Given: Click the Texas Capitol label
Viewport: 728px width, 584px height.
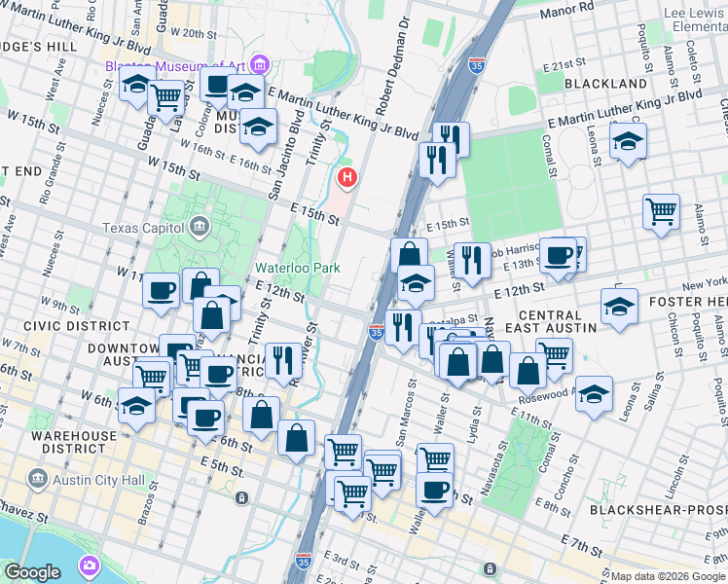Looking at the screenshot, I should click(145, 228).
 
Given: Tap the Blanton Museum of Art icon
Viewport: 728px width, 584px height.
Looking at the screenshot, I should click(259, 65).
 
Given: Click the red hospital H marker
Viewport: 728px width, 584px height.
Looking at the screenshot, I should click(346, 178).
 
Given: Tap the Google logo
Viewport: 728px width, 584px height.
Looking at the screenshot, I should click(33, 572).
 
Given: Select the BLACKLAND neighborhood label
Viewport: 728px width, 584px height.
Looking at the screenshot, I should click(604, 85).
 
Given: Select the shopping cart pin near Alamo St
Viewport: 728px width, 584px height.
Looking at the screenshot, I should click(661, 211).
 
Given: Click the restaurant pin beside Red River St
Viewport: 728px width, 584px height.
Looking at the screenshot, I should click(283, 360).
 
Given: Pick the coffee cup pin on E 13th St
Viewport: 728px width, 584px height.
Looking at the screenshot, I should click(559, 255).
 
